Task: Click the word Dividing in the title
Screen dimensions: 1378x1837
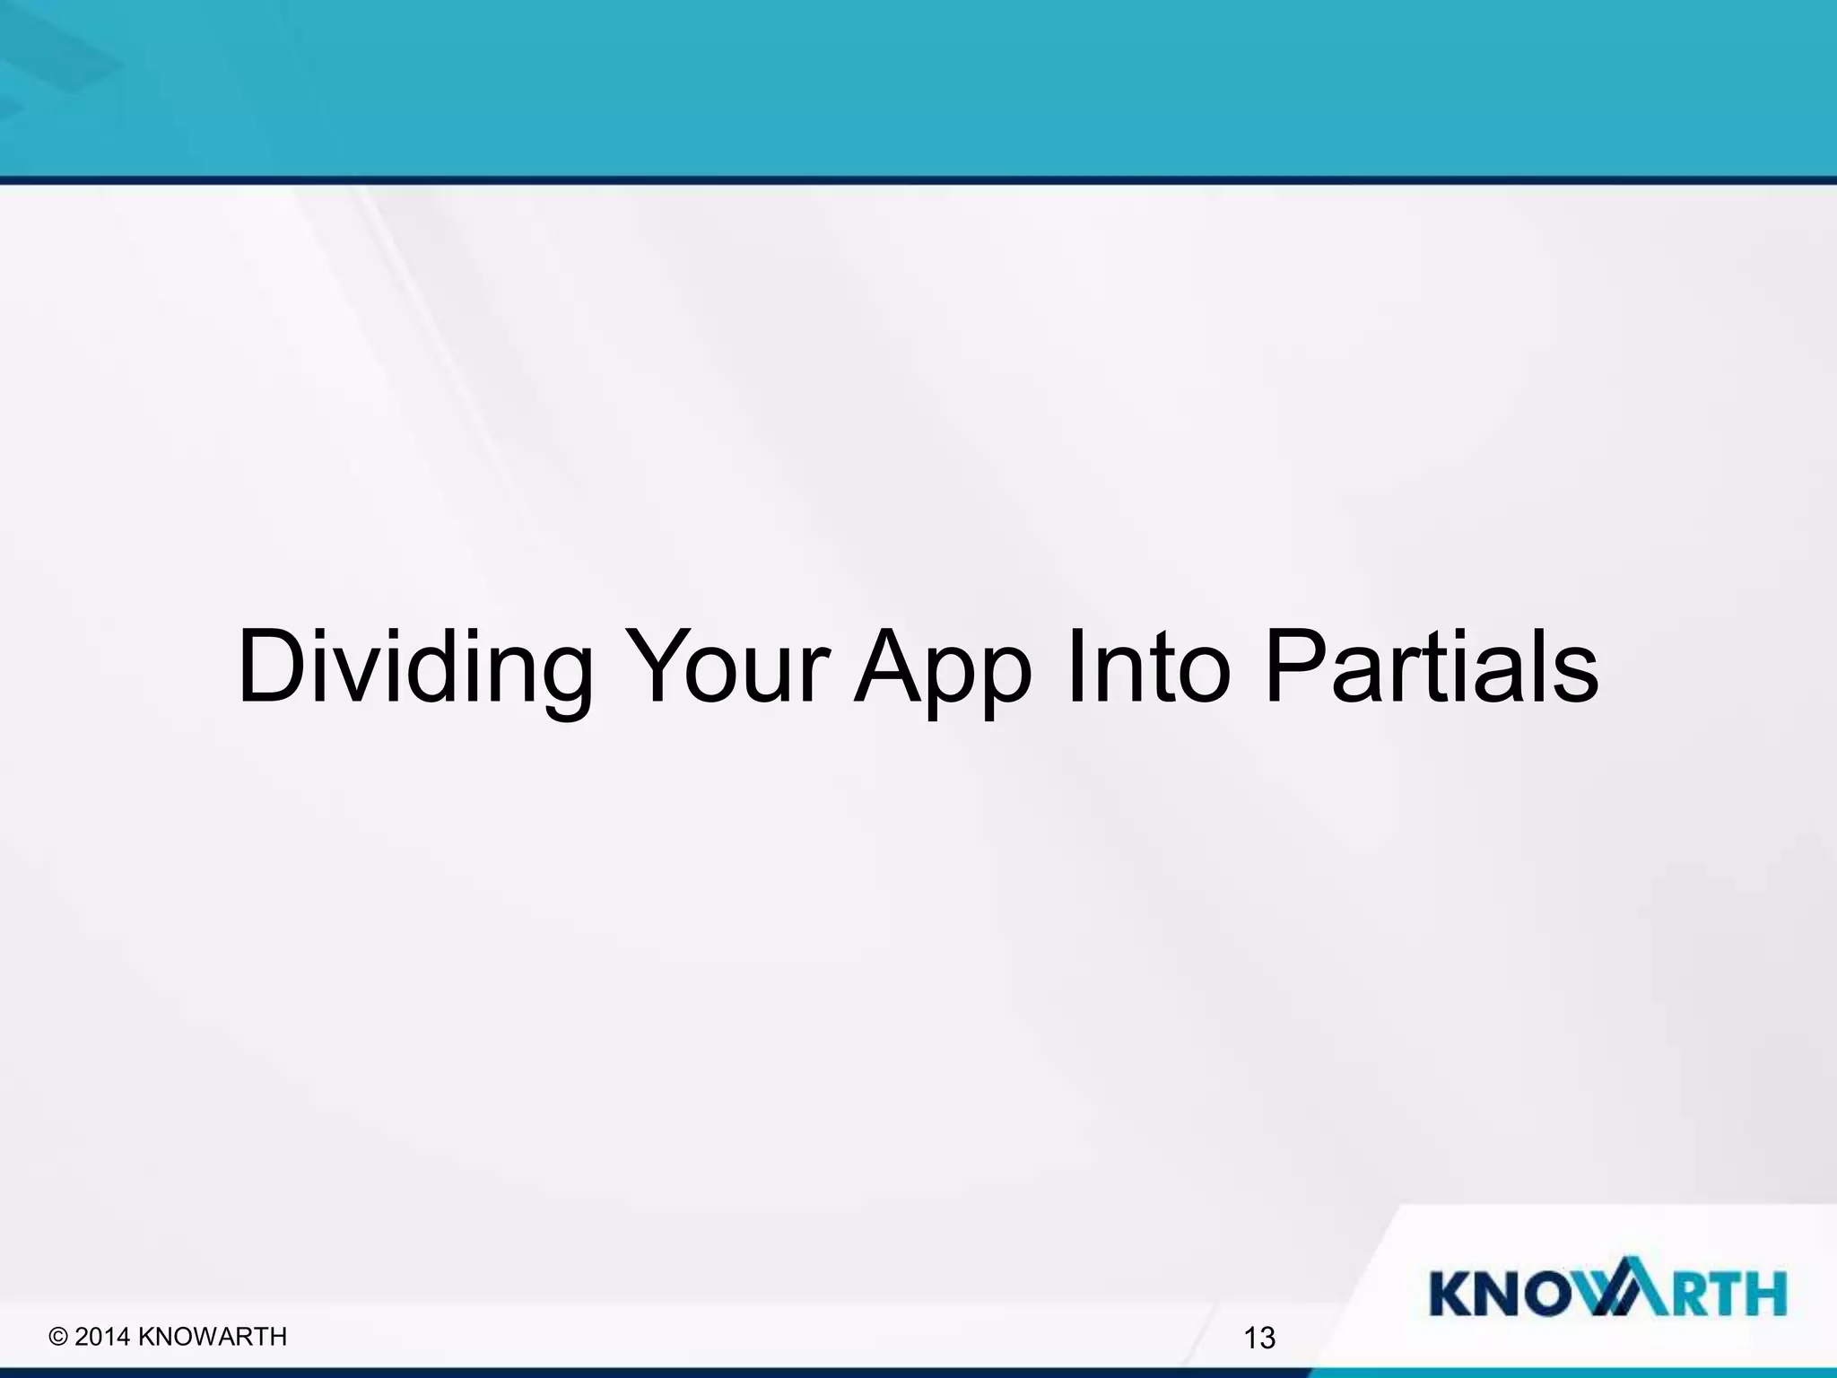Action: click(x=414, y=668)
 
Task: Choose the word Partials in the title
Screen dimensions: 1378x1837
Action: click(x=1432, y=668)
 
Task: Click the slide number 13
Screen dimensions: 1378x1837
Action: click(x=1259, y=1339)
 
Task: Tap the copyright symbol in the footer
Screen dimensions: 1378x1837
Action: click(x=59, y=1337)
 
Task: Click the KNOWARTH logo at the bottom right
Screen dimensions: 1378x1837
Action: click(x=1607, y=1293)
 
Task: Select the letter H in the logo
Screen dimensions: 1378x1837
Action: click(x=1763, y=1293)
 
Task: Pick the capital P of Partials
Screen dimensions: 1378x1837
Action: click(x=1290, y=668)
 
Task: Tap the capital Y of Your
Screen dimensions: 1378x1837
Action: click(x=658, y=668)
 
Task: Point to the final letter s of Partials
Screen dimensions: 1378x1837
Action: click(x=1575, y=677)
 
